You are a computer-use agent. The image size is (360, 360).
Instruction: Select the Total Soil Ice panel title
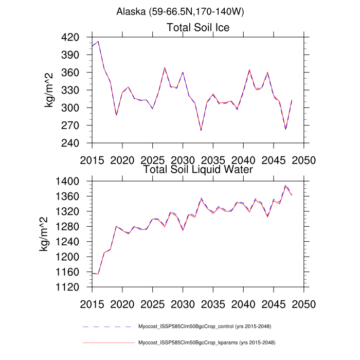(x=198, y=27)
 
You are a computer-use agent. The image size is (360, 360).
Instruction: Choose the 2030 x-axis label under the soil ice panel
(x=183, y=159)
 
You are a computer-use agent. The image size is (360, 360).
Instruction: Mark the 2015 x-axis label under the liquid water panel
(x=92, y=303)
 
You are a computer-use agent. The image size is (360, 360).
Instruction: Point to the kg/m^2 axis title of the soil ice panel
(x=50, y=91)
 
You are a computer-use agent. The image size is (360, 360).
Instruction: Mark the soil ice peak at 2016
(x=98, y=42)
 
